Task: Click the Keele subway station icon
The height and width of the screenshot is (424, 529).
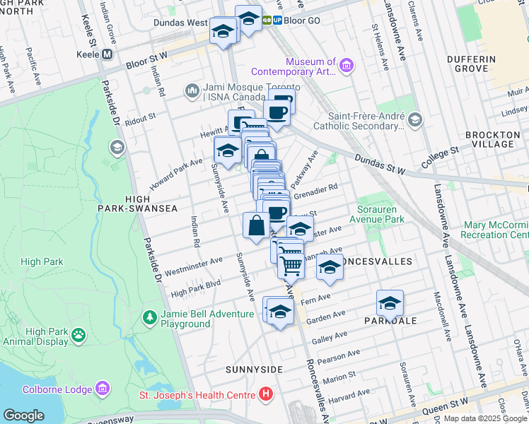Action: pos(107,54)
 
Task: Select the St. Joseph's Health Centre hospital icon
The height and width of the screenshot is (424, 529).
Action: pos(266,394)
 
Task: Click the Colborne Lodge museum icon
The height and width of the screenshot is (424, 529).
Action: pos(103,389)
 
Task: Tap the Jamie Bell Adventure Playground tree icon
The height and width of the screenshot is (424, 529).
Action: pos(149,319)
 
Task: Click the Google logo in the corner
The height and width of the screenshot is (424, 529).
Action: pos(24,415)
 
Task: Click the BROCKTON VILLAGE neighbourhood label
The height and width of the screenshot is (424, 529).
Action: pos(494,139)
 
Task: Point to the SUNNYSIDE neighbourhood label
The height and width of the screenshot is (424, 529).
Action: pos(254,370)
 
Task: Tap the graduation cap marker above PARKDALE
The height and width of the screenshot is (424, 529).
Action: pos(389,302)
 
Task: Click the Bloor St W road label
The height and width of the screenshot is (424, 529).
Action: pos(146,59)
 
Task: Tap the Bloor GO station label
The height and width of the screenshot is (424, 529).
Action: pos(303,20)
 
